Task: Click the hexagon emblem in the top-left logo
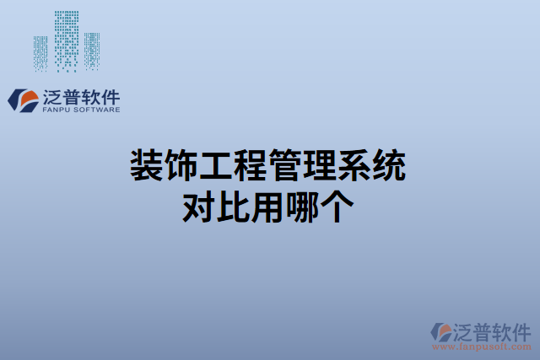click(x=21, y=100)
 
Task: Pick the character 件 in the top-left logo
click(x=109, y=95)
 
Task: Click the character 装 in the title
click(x=146, y=164)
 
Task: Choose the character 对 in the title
click(x=199, y=206)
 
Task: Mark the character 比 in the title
click(x=235, y=206)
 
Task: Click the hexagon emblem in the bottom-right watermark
click(x=440, y=332)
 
